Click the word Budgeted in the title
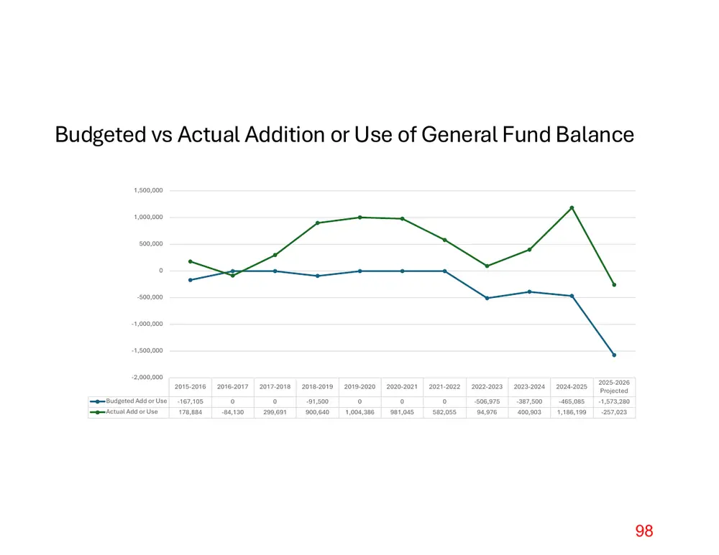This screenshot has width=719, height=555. [x=101, y=136]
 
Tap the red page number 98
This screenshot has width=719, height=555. [x=644, y=531]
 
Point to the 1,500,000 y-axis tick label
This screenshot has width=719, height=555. [x=148, y=190]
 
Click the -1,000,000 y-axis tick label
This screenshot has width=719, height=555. [x=147, y=325]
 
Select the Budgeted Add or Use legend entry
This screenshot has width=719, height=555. [x=129, y=401]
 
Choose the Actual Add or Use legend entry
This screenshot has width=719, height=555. [x=124, y=412]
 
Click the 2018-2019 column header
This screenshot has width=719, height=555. [x=317, y=387]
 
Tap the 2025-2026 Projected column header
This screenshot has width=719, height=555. [x=614, y=387]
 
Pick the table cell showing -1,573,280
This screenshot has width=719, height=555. [x=614, y=401]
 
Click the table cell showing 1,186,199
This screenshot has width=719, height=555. [x=572, y=413]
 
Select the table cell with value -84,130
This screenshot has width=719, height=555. [x=232, y=413]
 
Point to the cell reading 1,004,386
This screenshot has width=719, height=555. [x=359, y=413]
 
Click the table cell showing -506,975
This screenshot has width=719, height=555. [x=487, y=401]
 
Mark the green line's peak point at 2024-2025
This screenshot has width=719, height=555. [x=572, y=208]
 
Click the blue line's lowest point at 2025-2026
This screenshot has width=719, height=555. [x=614, y=355]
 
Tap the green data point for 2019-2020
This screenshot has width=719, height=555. [x=360, y=218]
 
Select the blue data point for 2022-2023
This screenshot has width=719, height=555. [x=487, y=298]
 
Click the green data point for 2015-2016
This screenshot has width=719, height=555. [x=191, y=261]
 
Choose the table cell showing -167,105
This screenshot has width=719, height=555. [x=191, y=401]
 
